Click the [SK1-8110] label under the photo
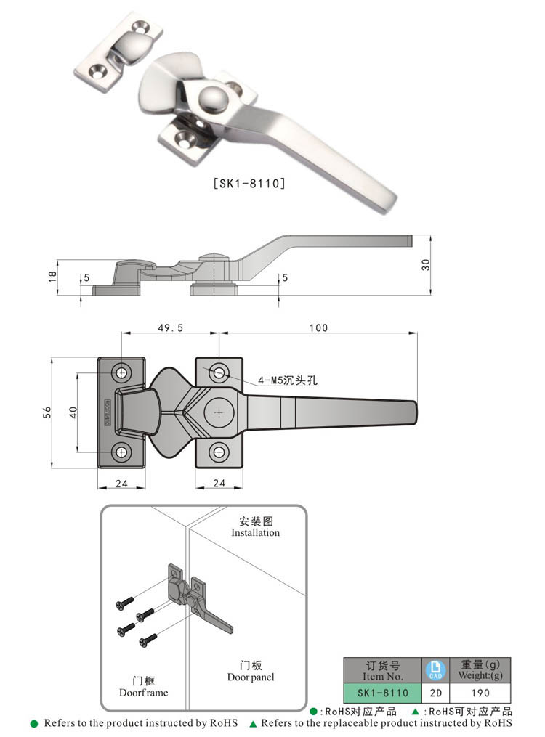pyautogui.click(x=249, y=183)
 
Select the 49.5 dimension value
pyautogui.click(x=169, y=328)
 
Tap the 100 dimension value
pyautogui.click(x=318, y=328)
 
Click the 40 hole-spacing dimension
pyautogui.click(x=73, y=412)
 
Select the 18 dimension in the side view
pyautogui.click(x=52, y=277)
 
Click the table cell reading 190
pyautogui.click(x=480, y=693)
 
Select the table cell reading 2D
pyautogui.click(x=434, y=693)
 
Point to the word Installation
pyautogui.click(x=255, y=532)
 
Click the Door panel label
pyautogui.click(x=250, y=677)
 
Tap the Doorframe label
pyautogui.click(x=143, y=692)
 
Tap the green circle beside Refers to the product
pyautogui.click(x=34, y=723)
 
